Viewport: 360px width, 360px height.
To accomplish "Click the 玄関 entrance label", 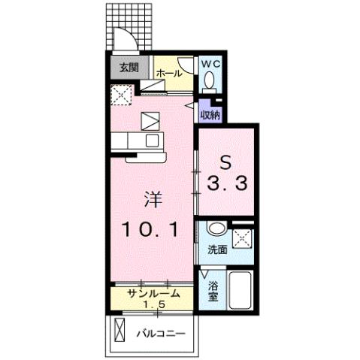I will click(128, 68).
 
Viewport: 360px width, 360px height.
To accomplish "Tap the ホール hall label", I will click(170, 74).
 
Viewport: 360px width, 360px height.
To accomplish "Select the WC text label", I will click(210, 64).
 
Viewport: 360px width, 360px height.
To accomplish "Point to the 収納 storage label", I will click(210, 114).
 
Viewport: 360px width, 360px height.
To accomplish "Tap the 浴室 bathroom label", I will click(213, 291).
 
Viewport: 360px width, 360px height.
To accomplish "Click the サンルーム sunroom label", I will click(153, 293).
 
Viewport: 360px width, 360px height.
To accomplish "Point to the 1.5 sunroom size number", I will click(154, 305).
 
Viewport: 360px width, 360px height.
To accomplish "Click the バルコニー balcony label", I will click(160, 331).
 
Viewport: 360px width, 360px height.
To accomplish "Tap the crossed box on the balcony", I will click(122, 330).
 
